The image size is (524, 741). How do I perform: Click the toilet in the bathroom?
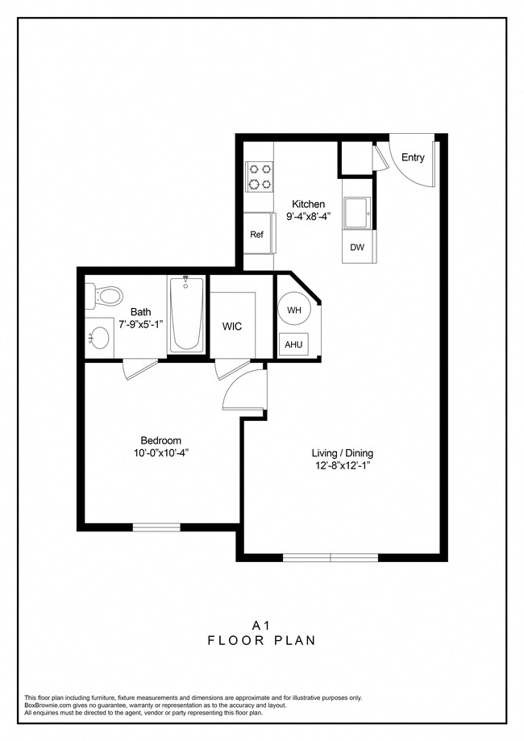pos(106,295)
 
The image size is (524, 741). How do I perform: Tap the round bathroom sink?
pos(101,337)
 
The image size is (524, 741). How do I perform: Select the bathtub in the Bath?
pos(186,315)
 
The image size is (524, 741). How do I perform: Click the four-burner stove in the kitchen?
pos(260,177)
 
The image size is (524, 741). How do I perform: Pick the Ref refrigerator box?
pos(257,235)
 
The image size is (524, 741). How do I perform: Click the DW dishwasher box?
pos(357,248)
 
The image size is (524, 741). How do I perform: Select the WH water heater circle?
pos(294,310)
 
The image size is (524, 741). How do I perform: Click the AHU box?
pos(293,344)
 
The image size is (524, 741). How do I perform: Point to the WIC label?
pos(232,327)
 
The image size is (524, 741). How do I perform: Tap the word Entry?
pos(413,158)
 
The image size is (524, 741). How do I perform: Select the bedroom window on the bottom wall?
pos(156,527)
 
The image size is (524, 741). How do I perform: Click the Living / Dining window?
pos(331,557)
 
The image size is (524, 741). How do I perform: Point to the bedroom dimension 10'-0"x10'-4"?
pos(161,453)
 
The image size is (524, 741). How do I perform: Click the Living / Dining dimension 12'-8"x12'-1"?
pos(342,466)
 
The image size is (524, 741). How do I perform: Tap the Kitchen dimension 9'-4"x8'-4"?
pos(309,217)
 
